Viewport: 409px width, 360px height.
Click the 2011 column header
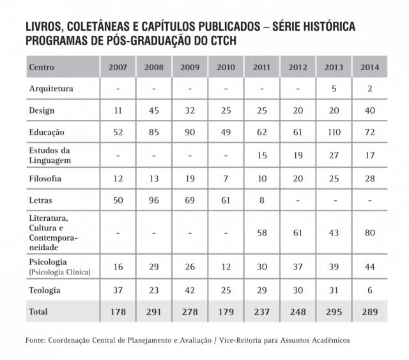point(261,67)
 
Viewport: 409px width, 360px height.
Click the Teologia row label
point(45,290)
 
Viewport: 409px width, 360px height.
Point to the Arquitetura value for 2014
point(369,89)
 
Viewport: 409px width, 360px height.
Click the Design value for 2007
point(118,110)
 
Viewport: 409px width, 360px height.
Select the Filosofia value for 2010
point(226,179)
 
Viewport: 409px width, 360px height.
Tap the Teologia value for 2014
point(369,290)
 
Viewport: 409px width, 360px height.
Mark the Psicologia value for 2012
point(298,266)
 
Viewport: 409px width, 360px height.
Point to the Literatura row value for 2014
point(369,232)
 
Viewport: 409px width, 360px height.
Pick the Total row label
point(40,311)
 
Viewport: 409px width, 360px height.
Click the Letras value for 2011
point(261,200)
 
